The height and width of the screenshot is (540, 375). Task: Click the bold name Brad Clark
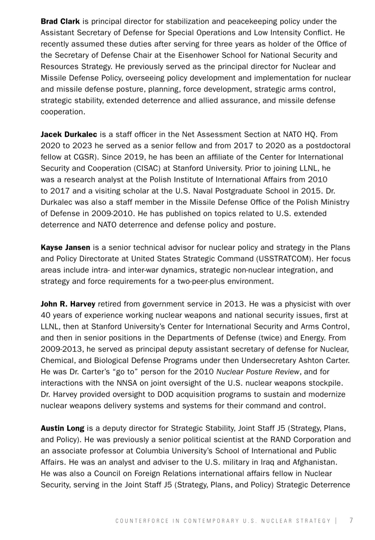(60, 21)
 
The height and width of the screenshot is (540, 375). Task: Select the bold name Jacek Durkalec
(69, 134)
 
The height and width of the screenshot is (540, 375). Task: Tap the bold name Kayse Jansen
(65, 247)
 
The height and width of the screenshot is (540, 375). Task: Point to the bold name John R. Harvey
(68, 304)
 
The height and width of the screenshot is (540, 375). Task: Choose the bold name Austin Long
(62, 428)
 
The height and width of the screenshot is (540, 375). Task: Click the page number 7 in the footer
(351, 520)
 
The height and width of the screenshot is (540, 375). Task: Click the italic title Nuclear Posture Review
(258, 372)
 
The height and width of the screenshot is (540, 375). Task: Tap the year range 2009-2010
(103, 213)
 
